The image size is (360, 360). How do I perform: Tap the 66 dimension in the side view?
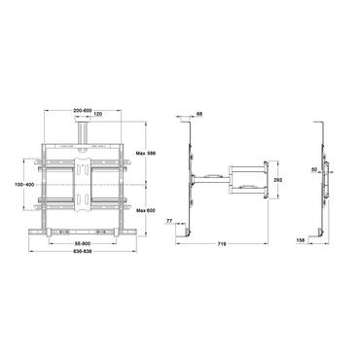tap(199, 115)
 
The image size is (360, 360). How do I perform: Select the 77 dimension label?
tap(171, 223)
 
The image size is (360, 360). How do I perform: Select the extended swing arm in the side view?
tap(234, 180)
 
